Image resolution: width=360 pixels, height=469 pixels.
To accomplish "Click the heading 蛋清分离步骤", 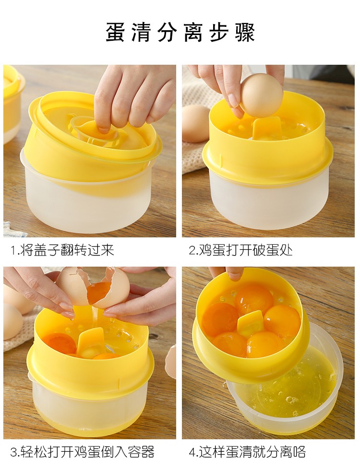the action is (180, 32).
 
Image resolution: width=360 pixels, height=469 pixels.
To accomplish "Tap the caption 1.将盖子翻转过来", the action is (62, 250).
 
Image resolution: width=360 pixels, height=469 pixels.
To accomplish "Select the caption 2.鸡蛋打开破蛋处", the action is (240, 250).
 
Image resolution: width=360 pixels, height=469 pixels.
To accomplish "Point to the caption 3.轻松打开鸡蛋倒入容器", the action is (82, 451).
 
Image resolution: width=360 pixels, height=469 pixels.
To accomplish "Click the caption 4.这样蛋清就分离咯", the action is (247, 451).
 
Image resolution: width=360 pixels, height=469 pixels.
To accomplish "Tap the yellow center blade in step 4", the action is (251, 322).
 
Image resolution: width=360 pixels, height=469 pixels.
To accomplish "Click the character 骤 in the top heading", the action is (246, 32).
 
